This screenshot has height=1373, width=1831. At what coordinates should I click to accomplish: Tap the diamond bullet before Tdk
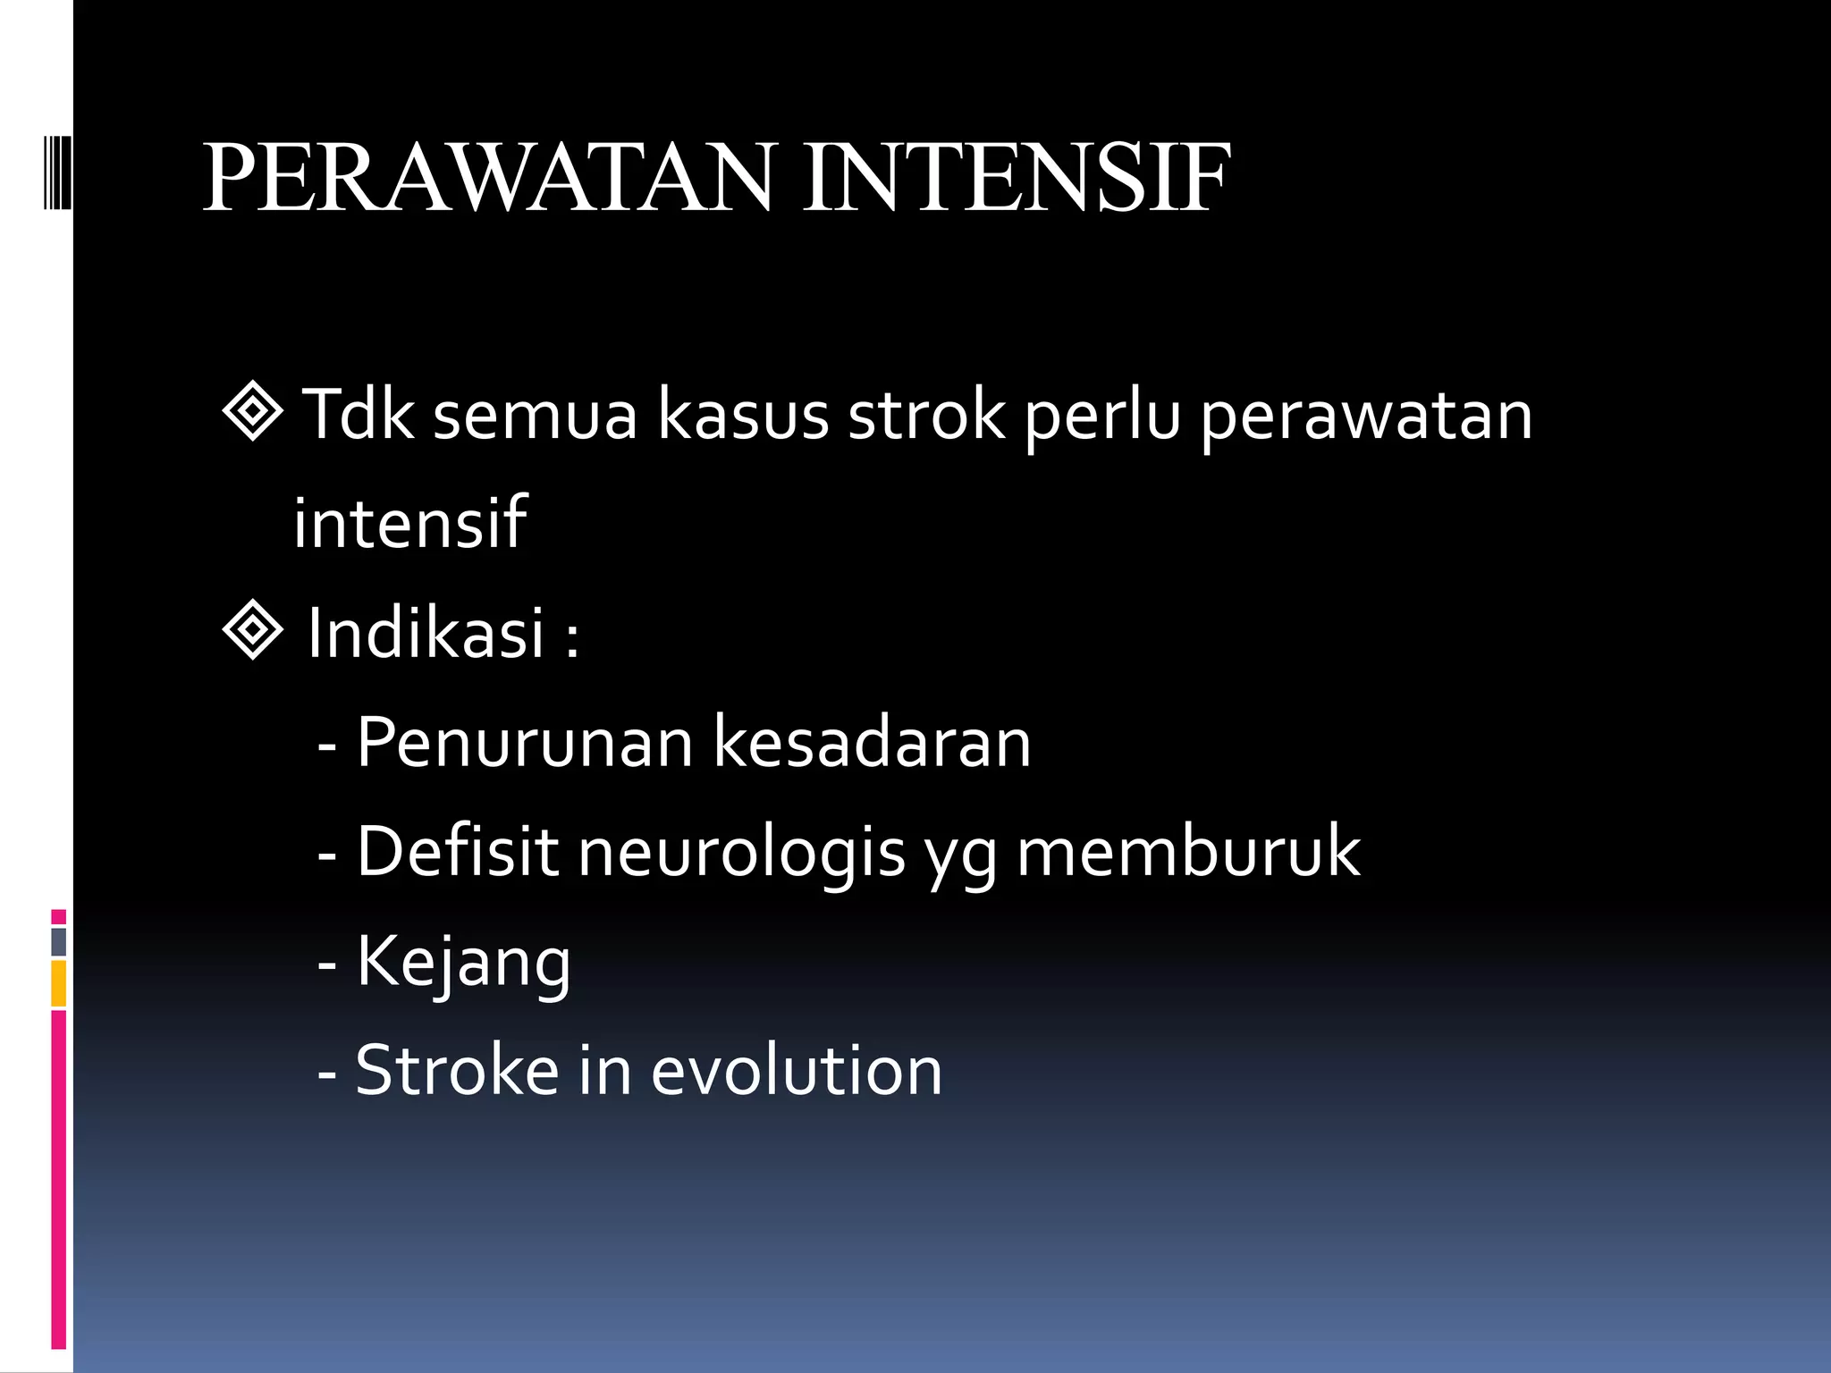point(253,412)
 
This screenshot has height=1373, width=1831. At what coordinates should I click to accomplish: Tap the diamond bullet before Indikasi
point(253,630)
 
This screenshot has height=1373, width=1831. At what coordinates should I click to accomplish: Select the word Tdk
point(358,415)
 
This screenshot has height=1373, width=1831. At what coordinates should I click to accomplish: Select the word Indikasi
point(426,633)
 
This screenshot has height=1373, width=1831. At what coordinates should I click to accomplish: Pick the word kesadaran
point(873,742)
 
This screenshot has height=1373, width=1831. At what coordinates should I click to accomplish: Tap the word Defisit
point(457,851)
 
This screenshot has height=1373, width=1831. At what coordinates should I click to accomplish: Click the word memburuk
point(1188,851)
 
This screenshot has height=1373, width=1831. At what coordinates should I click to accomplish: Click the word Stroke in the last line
point(457,1070)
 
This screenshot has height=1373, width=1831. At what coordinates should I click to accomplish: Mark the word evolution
point(796,1070)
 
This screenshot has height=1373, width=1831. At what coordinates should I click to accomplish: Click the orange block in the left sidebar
point(59,983)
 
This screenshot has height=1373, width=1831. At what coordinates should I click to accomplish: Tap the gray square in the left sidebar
point(59,941)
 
